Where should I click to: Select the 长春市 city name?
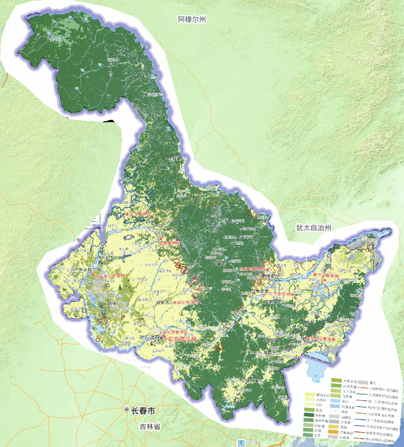(144, 410)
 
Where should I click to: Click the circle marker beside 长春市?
(126, 410)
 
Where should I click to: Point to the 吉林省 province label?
(151, 426)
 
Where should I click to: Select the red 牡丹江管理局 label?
(322, 339)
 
